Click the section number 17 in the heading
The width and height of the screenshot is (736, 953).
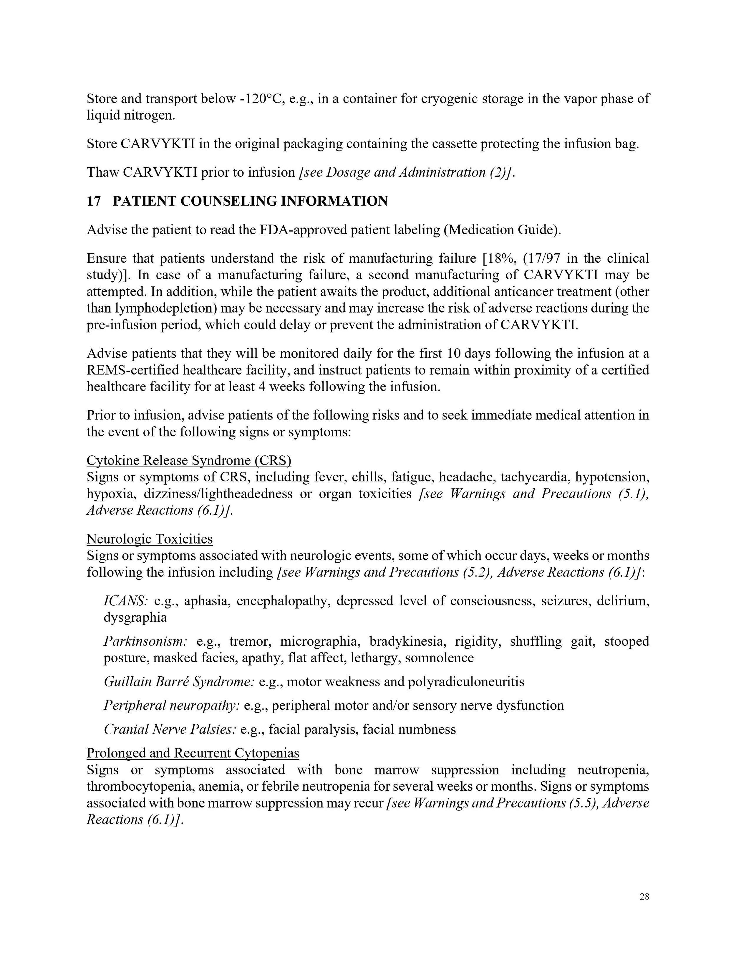93,201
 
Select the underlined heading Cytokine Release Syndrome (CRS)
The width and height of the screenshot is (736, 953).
189,460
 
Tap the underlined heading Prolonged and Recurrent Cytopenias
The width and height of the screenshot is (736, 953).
193,753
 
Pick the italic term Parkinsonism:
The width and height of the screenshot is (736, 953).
145,641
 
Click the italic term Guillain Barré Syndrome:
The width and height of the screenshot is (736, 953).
179,682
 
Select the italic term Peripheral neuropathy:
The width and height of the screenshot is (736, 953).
171,706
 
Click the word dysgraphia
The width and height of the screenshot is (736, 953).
135,617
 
